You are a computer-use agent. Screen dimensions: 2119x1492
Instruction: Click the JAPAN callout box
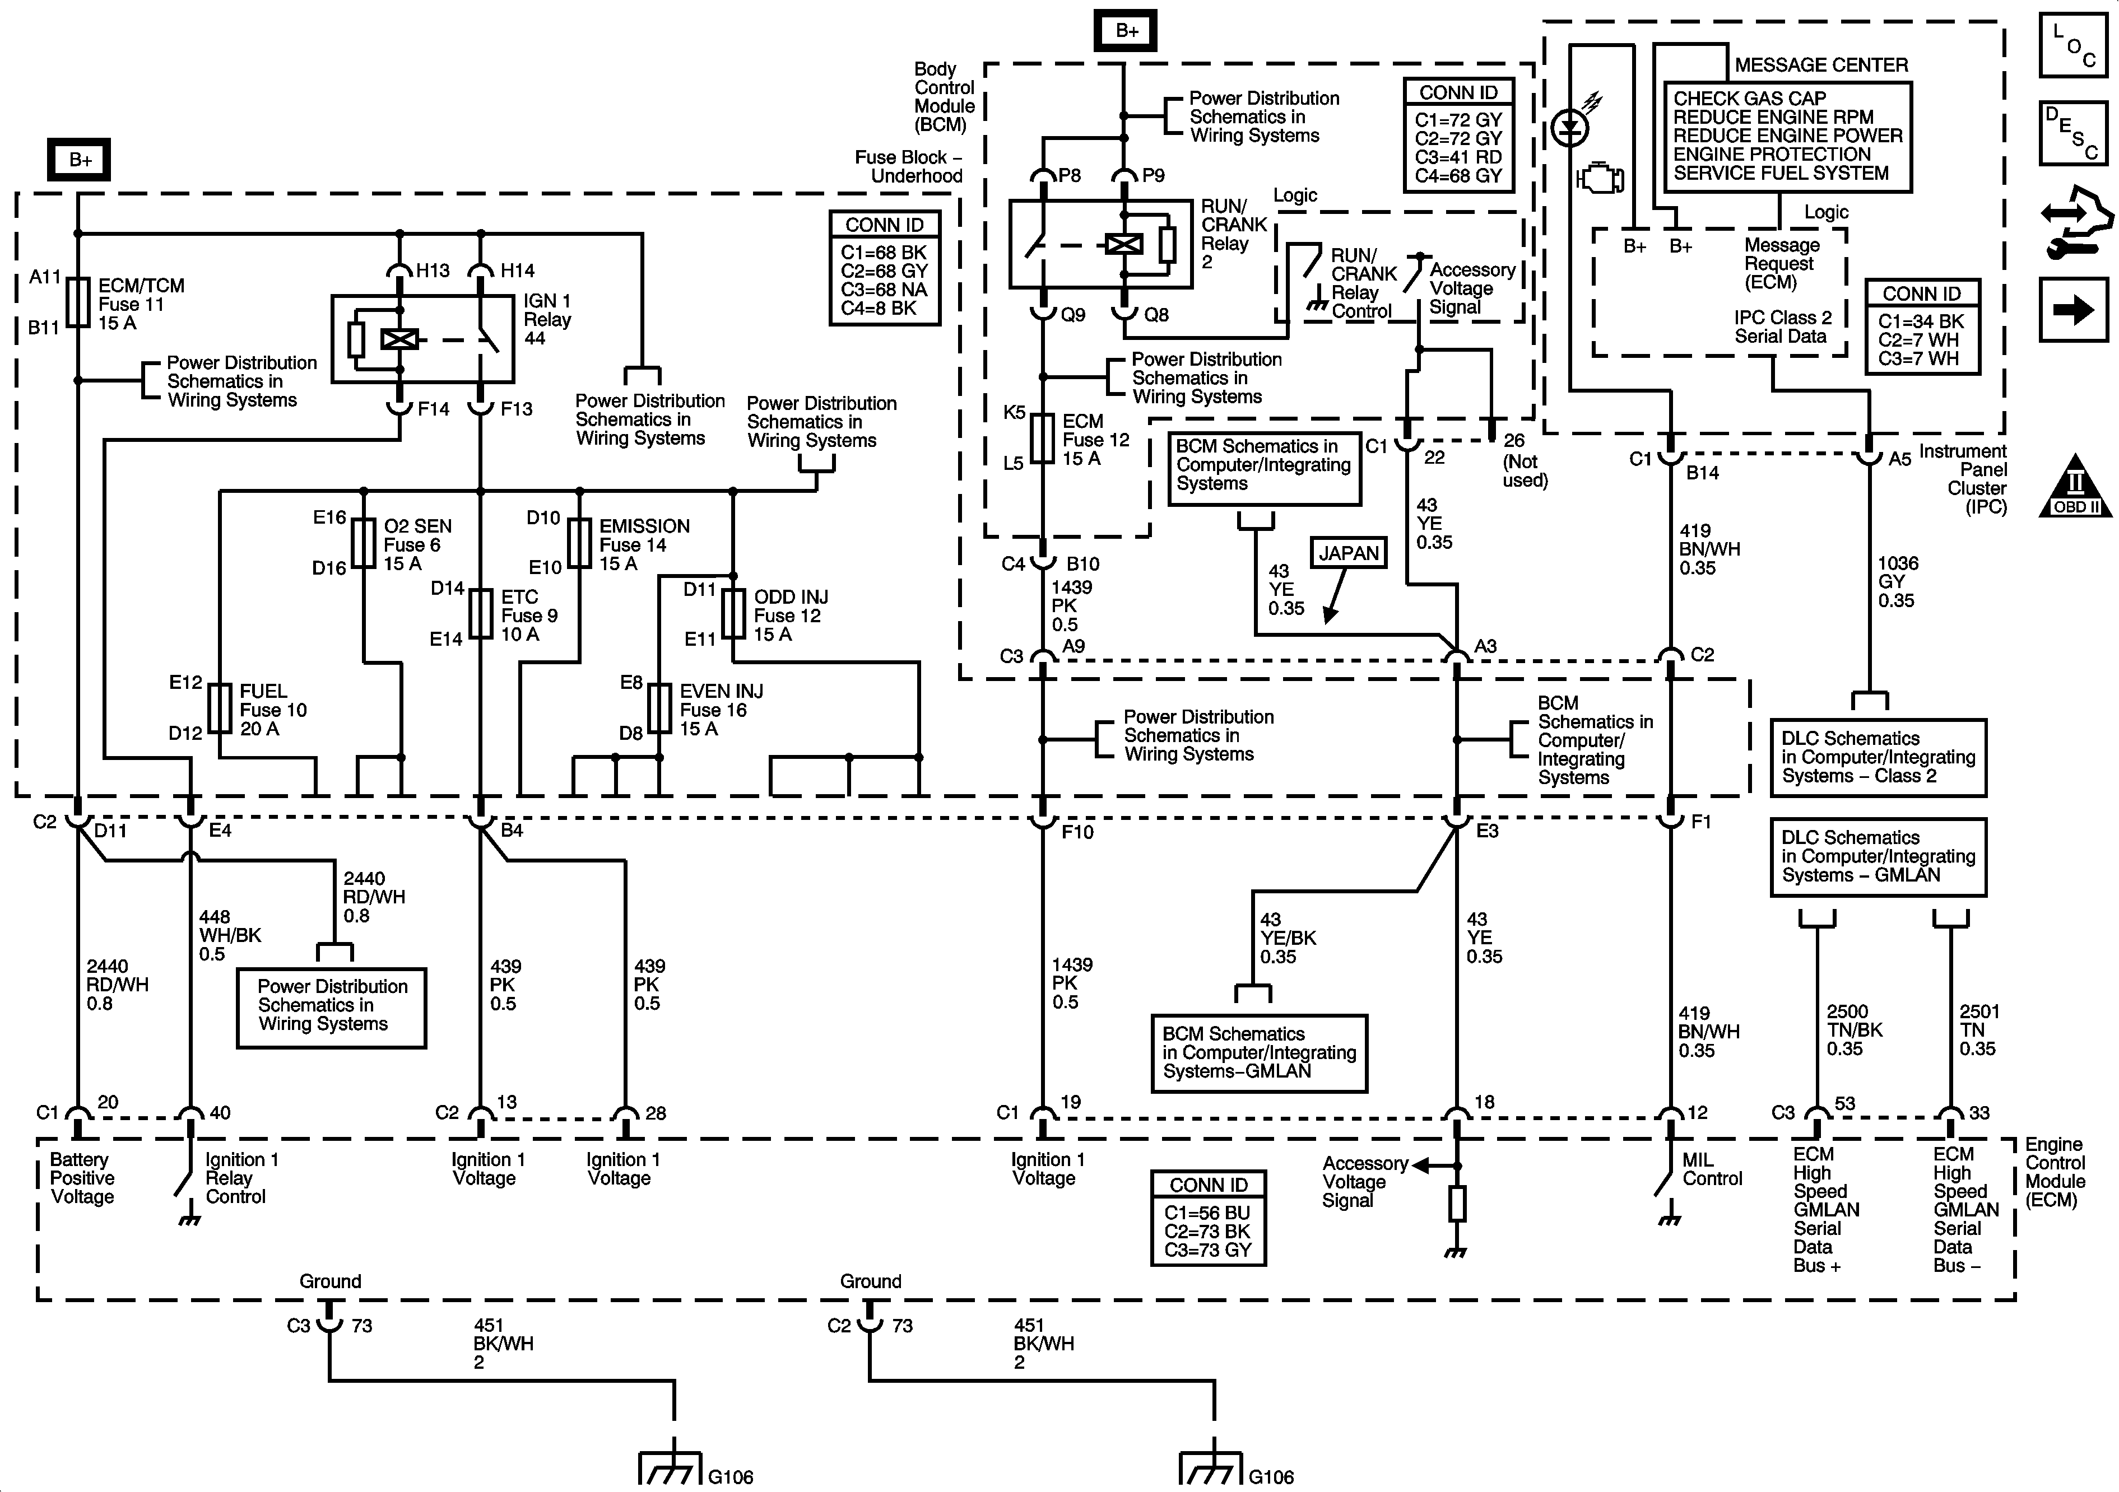[x=1349, y=553]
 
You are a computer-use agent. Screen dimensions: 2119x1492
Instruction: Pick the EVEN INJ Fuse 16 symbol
[x=660, y=708]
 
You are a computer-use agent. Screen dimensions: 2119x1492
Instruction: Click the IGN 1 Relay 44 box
[x=422, y=339]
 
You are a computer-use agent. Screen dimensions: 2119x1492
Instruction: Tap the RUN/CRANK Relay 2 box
[x=1101, y=244]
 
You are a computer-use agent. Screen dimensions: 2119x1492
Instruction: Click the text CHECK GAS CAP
[x=1750, y=98]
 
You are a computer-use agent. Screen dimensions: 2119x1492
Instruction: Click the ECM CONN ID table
[x=1208, y=1218]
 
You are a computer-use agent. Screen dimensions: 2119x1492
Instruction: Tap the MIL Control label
[x=1712, y=1169]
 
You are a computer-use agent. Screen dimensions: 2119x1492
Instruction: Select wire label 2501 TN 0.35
[x=1978, y=1030]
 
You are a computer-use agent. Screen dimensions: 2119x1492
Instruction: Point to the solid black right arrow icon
[x=2074, y=310]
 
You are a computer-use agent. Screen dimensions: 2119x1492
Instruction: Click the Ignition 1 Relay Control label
[x=241, y=1178]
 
